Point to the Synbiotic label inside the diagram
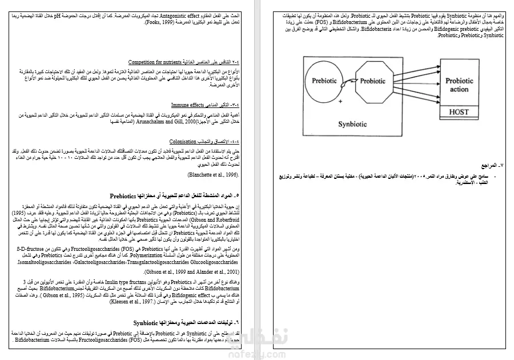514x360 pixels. coord(352,123)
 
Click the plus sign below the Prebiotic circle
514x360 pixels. coord(340,101)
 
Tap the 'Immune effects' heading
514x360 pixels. coord(186,105)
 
